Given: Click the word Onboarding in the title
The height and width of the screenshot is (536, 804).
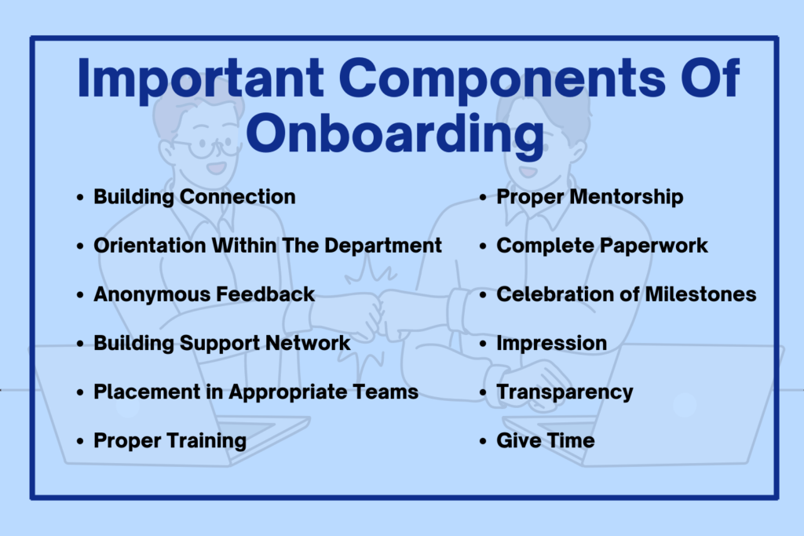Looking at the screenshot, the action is (395, 133).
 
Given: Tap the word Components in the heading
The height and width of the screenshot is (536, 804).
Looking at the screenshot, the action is (502, 79).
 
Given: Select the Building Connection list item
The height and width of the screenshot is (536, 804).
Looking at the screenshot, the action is (195, 197).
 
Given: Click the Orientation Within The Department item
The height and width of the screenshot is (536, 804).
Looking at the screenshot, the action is (267, 246).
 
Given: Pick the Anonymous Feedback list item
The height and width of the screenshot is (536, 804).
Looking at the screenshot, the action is (204, 294).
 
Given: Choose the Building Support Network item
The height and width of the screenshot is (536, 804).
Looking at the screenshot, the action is (221, 343).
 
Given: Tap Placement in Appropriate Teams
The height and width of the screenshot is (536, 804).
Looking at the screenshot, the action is (256, 392).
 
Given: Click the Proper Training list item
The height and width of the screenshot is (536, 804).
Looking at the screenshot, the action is (170, 441).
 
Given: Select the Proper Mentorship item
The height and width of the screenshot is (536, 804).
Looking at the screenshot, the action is (590, 197).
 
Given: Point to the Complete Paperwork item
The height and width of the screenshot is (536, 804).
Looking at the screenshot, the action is (602, 246).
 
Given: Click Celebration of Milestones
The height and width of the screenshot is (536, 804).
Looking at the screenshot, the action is (626, 294).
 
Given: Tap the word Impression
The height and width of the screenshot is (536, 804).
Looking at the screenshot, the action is (551, 343).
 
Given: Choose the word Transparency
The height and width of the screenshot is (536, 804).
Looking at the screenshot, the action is (565, 392).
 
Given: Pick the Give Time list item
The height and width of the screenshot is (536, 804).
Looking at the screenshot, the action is (545, 441).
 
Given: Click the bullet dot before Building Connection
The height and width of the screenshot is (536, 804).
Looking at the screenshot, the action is (79, 197).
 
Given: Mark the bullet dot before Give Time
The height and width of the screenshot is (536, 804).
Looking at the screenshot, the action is (483, 441).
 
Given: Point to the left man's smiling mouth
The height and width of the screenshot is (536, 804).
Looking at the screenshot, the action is (217, 168).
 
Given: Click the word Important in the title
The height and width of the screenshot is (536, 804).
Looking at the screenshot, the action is (200, 79).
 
